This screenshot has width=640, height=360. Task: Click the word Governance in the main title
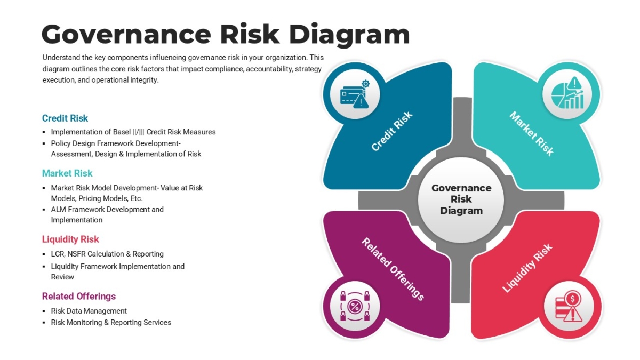coord(126,35)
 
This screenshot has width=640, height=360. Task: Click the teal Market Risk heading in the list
coord(67,173)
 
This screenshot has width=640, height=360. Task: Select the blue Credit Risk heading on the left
coord(65,118)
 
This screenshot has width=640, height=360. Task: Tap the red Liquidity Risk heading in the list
coord(70,239)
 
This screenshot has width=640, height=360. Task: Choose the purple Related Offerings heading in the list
coord(79,297)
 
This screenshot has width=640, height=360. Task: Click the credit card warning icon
coord(355,94)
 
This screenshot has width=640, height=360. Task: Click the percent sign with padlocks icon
coord(355,306)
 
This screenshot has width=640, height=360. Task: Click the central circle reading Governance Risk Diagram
coord(461,199)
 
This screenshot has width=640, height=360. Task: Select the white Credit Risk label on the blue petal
coord(391,131)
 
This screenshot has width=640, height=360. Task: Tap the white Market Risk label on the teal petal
coord(532,134)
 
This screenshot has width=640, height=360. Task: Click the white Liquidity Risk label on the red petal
coord(527,268)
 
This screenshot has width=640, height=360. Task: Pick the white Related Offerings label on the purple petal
coord(393,269)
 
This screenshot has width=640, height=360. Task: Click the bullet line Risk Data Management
coord(89,311)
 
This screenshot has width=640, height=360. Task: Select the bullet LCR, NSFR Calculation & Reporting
coord(107,254)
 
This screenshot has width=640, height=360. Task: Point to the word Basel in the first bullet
coord(122,132)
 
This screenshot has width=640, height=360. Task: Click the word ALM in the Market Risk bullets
coord(58,210)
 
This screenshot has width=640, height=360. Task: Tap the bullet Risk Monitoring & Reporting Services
coord(111,322)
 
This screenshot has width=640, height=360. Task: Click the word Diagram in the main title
coord(349,35)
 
